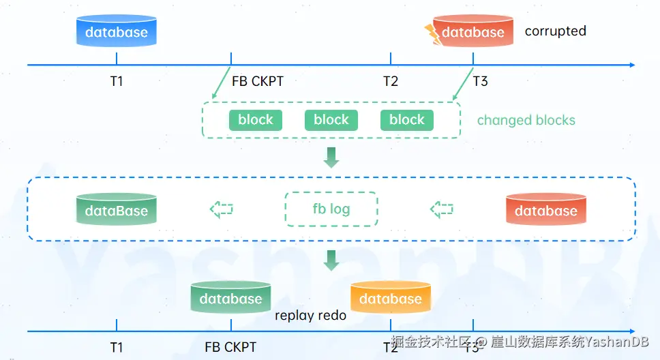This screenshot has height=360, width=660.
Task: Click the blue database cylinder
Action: pyautogui.click(x=117, y=31)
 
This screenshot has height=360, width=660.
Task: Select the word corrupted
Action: pyautogui.click(x=555, y=31)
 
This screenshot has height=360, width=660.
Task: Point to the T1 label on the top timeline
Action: pyautogui.click(x=117, y=81)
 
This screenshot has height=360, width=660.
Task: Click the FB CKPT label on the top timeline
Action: pyautogui.click(x=258, y=81)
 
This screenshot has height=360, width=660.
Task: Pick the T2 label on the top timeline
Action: pyautogui.click(x=391, y=81)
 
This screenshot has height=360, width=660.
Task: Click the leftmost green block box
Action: pyautogui.click(x=256, y=120)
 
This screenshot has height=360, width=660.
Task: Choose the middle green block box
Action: pyautogui.click(x=331, y=120)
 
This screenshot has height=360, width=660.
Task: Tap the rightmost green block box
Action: pyautogui.click(x=406, y=120)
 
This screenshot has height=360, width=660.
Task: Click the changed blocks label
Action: pyautogui.click(x=526, y=120)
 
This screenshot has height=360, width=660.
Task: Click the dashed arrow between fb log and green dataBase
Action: pyautogui.click(x=222, y=209)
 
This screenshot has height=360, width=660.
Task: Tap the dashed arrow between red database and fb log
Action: pyautogui.click(x=442, y=209)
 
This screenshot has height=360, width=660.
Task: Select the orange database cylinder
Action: pyautogui.click(x=391, y=297)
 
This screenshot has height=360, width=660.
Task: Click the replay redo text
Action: pyautogui.click(x=311, y=316)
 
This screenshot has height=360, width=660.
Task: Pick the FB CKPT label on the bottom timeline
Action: pyautogui.click(x=230, y=347)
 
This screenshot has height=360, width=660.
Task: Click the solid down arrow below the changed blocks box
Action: pyautogui.click(x=331, y=157)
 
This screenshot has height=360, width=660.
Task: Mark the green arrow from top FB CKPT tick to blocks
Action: pyautogui.click(x=222, y=82)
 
